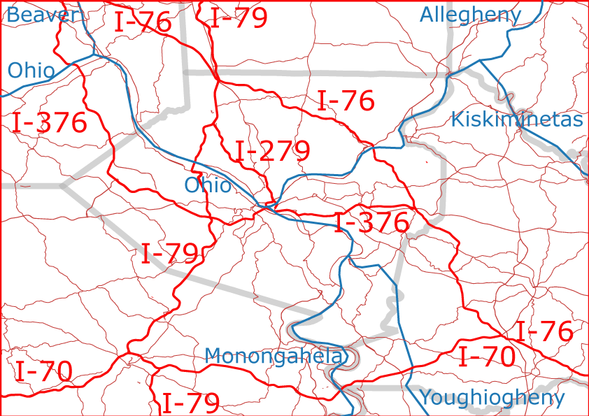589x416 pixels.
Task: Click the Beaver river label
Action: coord(40,15)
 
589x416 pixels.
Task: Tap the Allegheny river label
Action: coord(471,15)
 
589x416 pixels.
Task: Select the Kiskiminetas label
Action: coord(517,119)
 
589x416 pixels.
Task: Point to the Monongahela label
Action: coord(274,356)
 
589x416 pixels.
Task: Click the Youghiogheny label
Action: coord(492,398)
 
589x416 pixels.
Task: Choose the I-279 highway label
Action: coord(273,152)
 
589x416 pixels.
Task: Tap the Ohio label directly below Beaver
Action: coord(31,71)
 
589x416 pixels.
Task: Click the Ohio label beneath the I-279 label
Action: coord(208,185)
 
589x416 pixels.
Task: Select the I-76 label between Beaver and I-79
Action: coord(143,22)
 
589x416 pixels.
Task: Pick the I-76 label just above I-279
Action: coord(346,101)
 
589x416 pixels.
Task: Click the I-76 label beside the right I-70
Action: coord(544,331)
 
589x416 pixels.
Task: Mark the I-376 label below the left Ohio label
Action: coord(50,123)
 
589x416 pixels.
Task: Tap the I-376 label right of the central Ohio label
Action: coord(371,223)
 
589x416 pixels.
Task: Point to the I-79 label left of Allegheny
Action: coord(239,18)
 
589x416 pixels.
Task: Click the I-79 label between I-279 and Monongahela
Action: coord(170,254)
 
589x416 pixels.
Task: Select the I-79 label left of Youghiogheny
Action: coord(191,403)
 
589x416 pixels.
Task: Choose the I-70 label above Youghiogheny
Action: coord(487,357)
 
